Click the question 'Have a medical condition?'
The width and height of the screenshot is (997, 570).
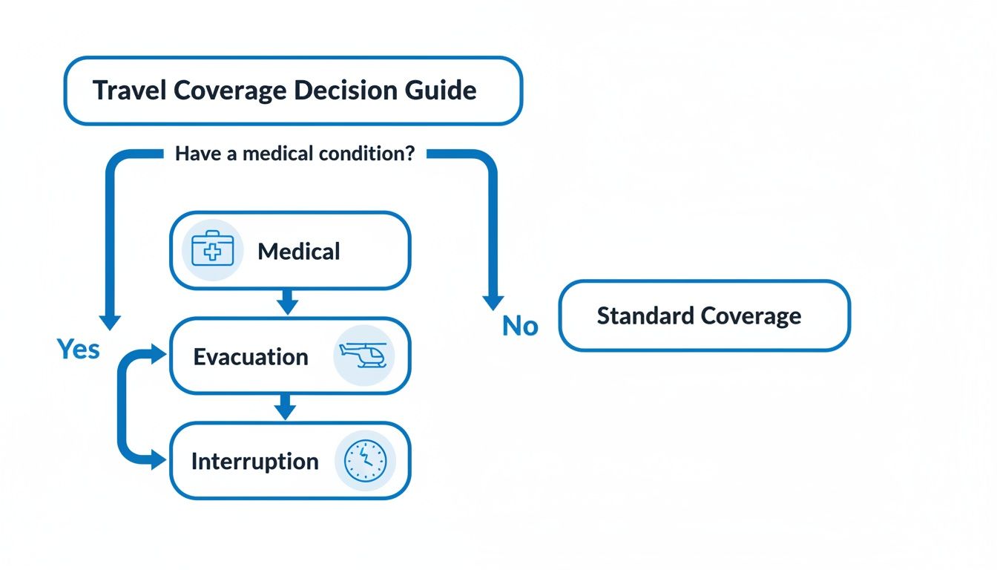tap(295, 154)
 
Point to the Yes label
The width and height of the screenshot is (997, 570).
tap(78, 349)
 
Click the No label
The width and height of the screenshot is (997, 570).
tap(519, 326)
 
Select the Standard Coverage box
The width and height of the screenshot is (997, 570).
tap(704, 315)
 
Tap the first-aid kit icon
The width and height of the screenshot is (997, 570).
tap(212, 250)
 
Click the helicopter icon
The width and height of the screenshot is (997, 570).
tap(364, 356)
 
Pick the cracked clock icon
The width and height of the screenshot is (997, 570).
tap(365, 460)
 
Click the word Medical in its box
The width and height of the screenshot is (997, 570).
tap(298, 252)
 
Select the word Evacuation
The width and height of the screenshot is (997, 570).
tap(250, 357)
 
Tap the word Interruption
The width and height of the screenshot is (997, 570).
tap(254, 462)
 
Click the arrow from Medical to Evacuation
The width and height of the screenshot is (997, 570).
tap(288, 301)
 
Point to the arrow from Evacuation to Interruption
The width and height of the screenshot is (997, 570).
tap(284, 407)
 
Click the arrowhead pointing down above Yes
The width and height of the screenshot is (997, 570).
tap(110, 321)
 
